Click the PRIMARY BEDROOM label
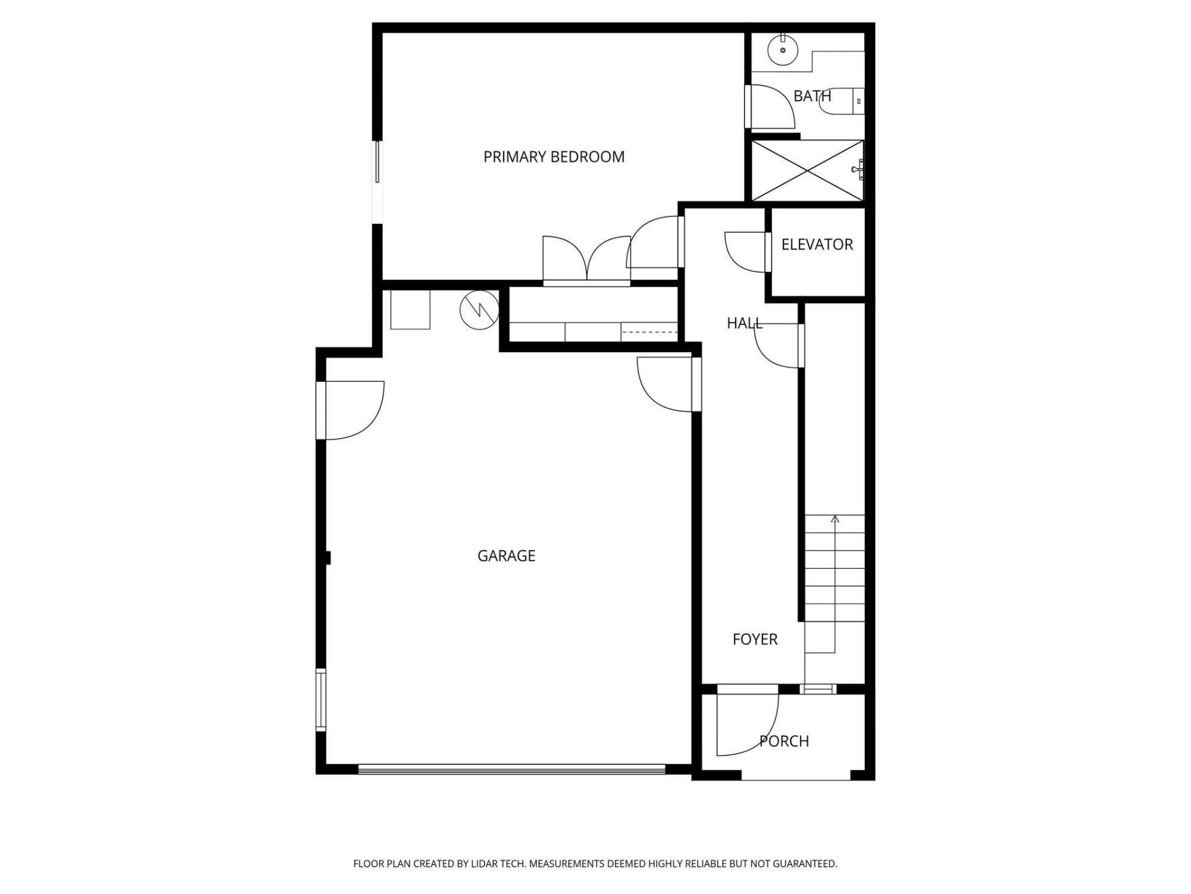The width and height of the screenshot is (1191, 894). tap(554, 157)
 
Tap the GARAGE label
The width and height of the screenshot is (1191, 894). tap(506, 556)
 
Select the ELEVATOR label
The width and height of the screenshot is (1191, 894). tap(817, 245)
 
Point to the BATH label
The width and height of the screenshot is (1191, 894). tap(812, 96)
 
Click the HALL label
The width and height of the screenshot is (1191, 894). tap(744, 323)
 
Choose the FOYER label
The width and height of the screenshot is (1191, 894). tap(755, 639)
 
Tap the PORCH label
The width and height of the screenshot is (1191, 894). tap(784, 741)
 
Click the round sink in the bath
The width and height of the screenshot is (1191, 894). tap(782, 49)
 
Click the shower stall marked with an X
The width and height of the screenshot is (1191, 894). tap(806, 171)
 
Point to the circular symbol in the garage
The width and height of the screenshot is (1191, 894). tap(479, 310)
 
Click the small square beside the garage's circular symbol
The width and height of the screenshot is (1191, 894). tap(410, 310)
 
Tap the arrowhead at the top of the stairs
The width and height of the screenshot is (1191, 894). tap(835, 518)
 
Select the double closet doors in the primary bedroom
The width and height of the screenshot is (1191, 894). tap(587, 261)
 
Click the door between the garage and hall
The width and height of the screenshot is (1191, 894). tap(665, 384)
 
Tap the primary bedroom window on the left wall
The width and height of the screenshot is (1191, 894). tap(377, 162)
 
